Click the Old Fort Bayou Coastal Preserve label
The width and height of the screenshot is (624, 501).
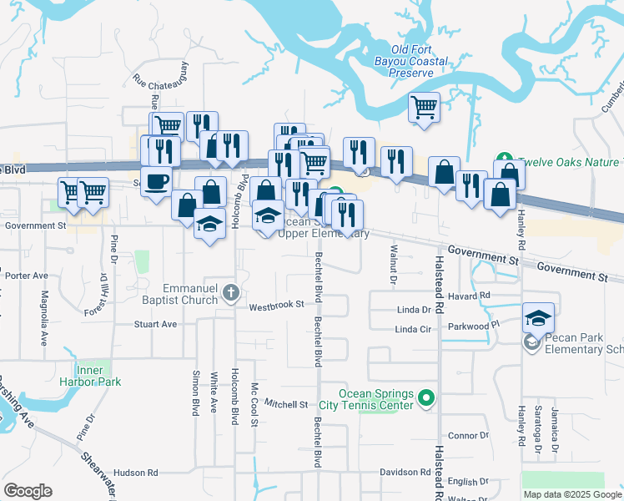(x=419, y=61)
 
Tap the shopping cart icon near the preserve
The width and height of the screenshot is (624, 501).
(x=425, y=107)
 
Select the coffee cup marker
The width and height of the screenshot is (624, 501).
(x=156, y=180)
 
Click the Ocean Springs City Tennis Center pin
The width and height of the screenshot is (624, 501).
(x=426, y=398)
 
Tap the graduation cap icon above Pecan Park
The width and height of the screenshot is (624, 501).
(x=538, y=317)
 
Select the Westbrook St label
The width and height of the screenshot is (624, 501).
(x=276, y=306)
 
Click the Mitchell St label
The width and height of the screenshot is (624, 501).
(x=286, y=404)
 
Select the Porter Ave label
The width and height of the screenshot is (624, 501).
(x=26, y=275)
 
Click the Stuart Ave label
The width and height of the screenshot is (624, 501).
(x=156, y=324)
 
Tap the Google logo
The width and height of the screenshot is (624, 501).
(x=28, y=491)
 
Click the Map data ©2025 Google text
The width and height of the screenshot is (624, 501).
(x=571, y=494)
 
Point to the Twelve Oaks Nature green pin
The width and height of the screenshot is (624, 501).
(x=503, y=159)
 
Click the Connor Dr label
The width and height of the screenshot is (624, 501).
(x=467, y=436)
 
